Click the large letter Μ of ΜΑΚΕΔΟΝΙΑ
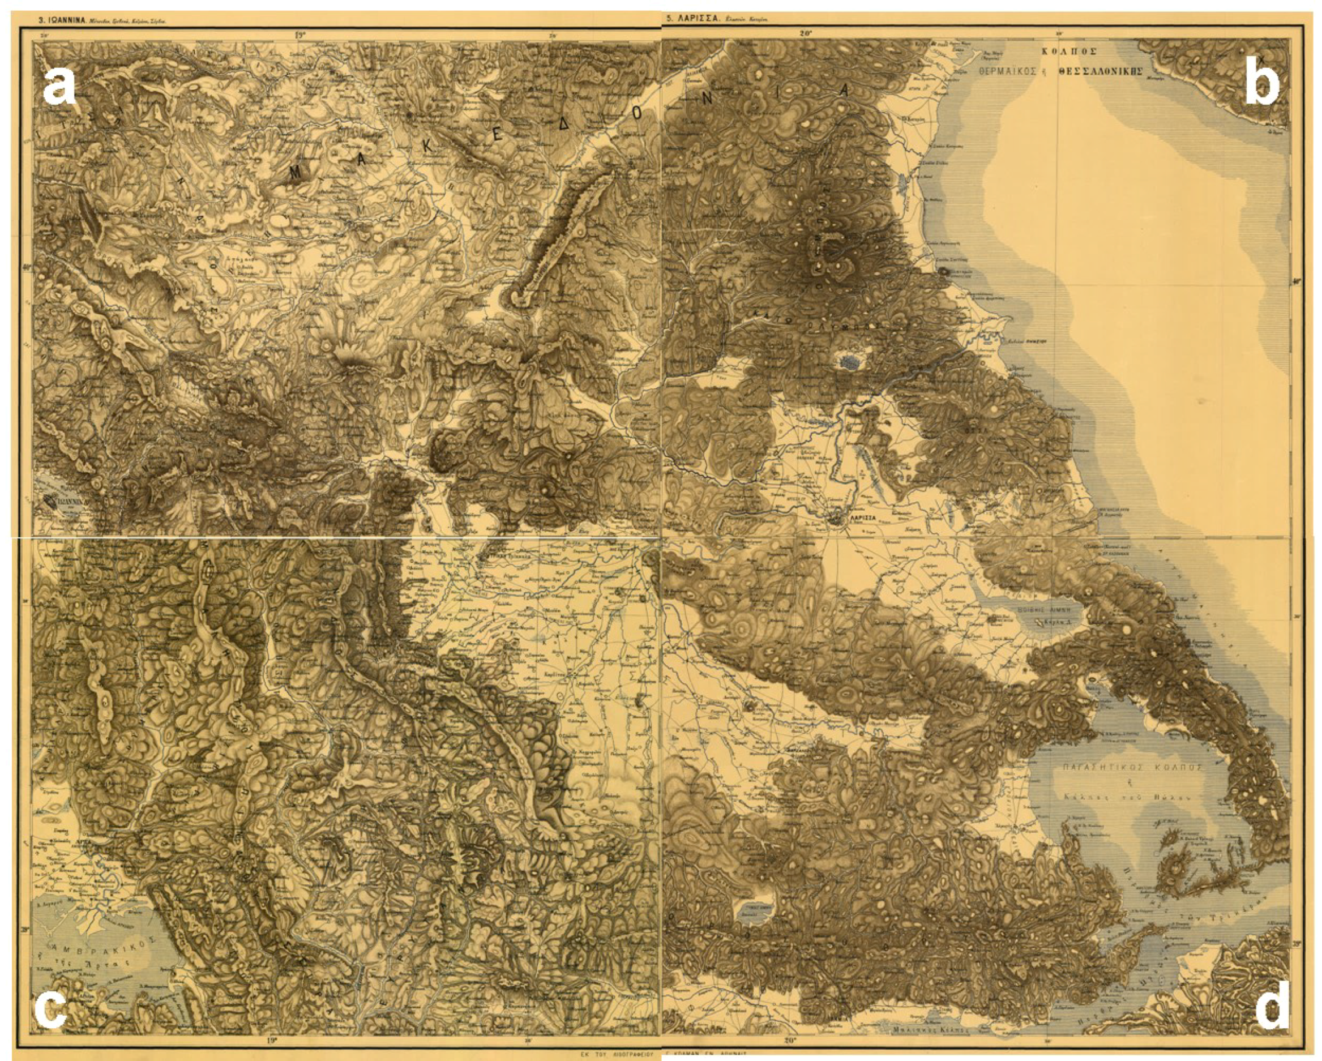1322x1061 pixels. tap(295, 175)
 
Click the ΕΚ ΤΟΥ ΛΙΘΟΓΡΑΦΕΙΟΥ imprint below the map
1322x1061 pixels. tap(619, 1055)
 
